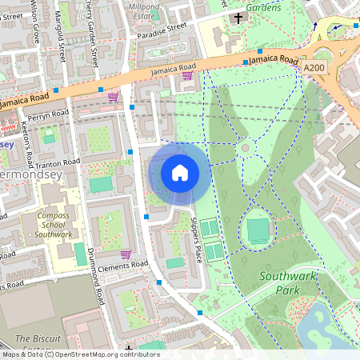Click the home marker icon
point(180,172)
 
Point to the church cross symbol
point(237,18)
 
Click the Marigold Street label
point(62,44)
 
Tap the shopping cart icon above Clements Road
point(126,254)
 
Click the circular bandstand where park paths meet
point(246,147)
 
